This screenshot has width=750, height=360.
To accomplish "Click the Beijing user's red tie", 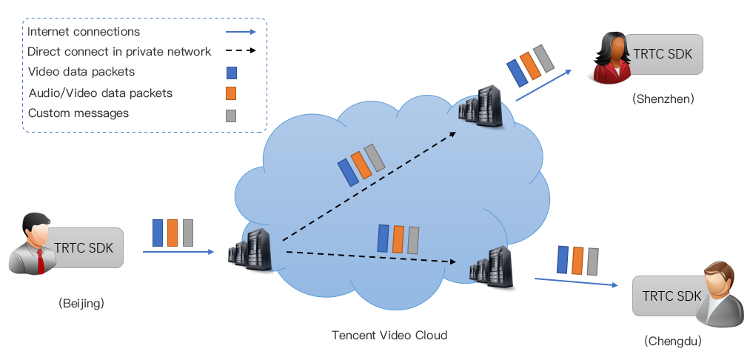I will (x=40, y=260).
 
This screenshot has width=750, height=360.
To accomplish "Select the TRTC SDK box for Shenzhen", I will (x=663, y=54).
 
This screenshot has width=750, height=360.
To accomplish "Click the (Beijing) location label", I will (x=81, y=302).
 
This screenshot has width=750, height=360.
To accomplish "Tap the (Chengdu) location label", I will (x=673, y=341).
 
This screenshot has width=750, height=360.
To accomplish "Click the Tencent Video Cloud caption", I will (x=389, y=336).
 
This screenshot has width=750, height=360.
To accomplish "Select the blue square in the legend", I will (x=231, y=73).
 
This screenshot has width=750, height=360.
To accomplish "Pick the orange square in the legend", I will (x=231, y=93).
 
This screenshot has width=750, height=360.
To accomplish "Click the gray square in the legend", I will (x=231, y=115).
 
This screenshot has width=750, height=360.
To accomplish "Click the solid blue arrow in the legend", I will (x=241, y=32).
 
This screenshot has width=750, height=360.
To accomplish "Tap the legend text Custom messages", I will (x=78, y=113).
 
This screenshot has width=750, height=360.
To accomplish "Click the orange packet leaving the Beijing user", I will (x=173, y=233).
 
